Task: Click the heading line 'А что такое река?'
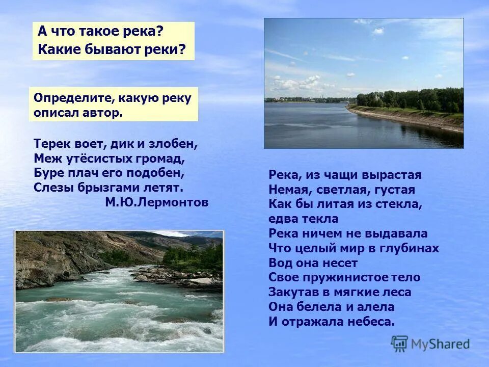(101, 32)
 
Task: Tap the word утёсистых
(95, 158)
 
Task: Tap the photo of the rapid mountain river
(119, 291)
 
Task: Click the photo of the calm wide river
(364, 83)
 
